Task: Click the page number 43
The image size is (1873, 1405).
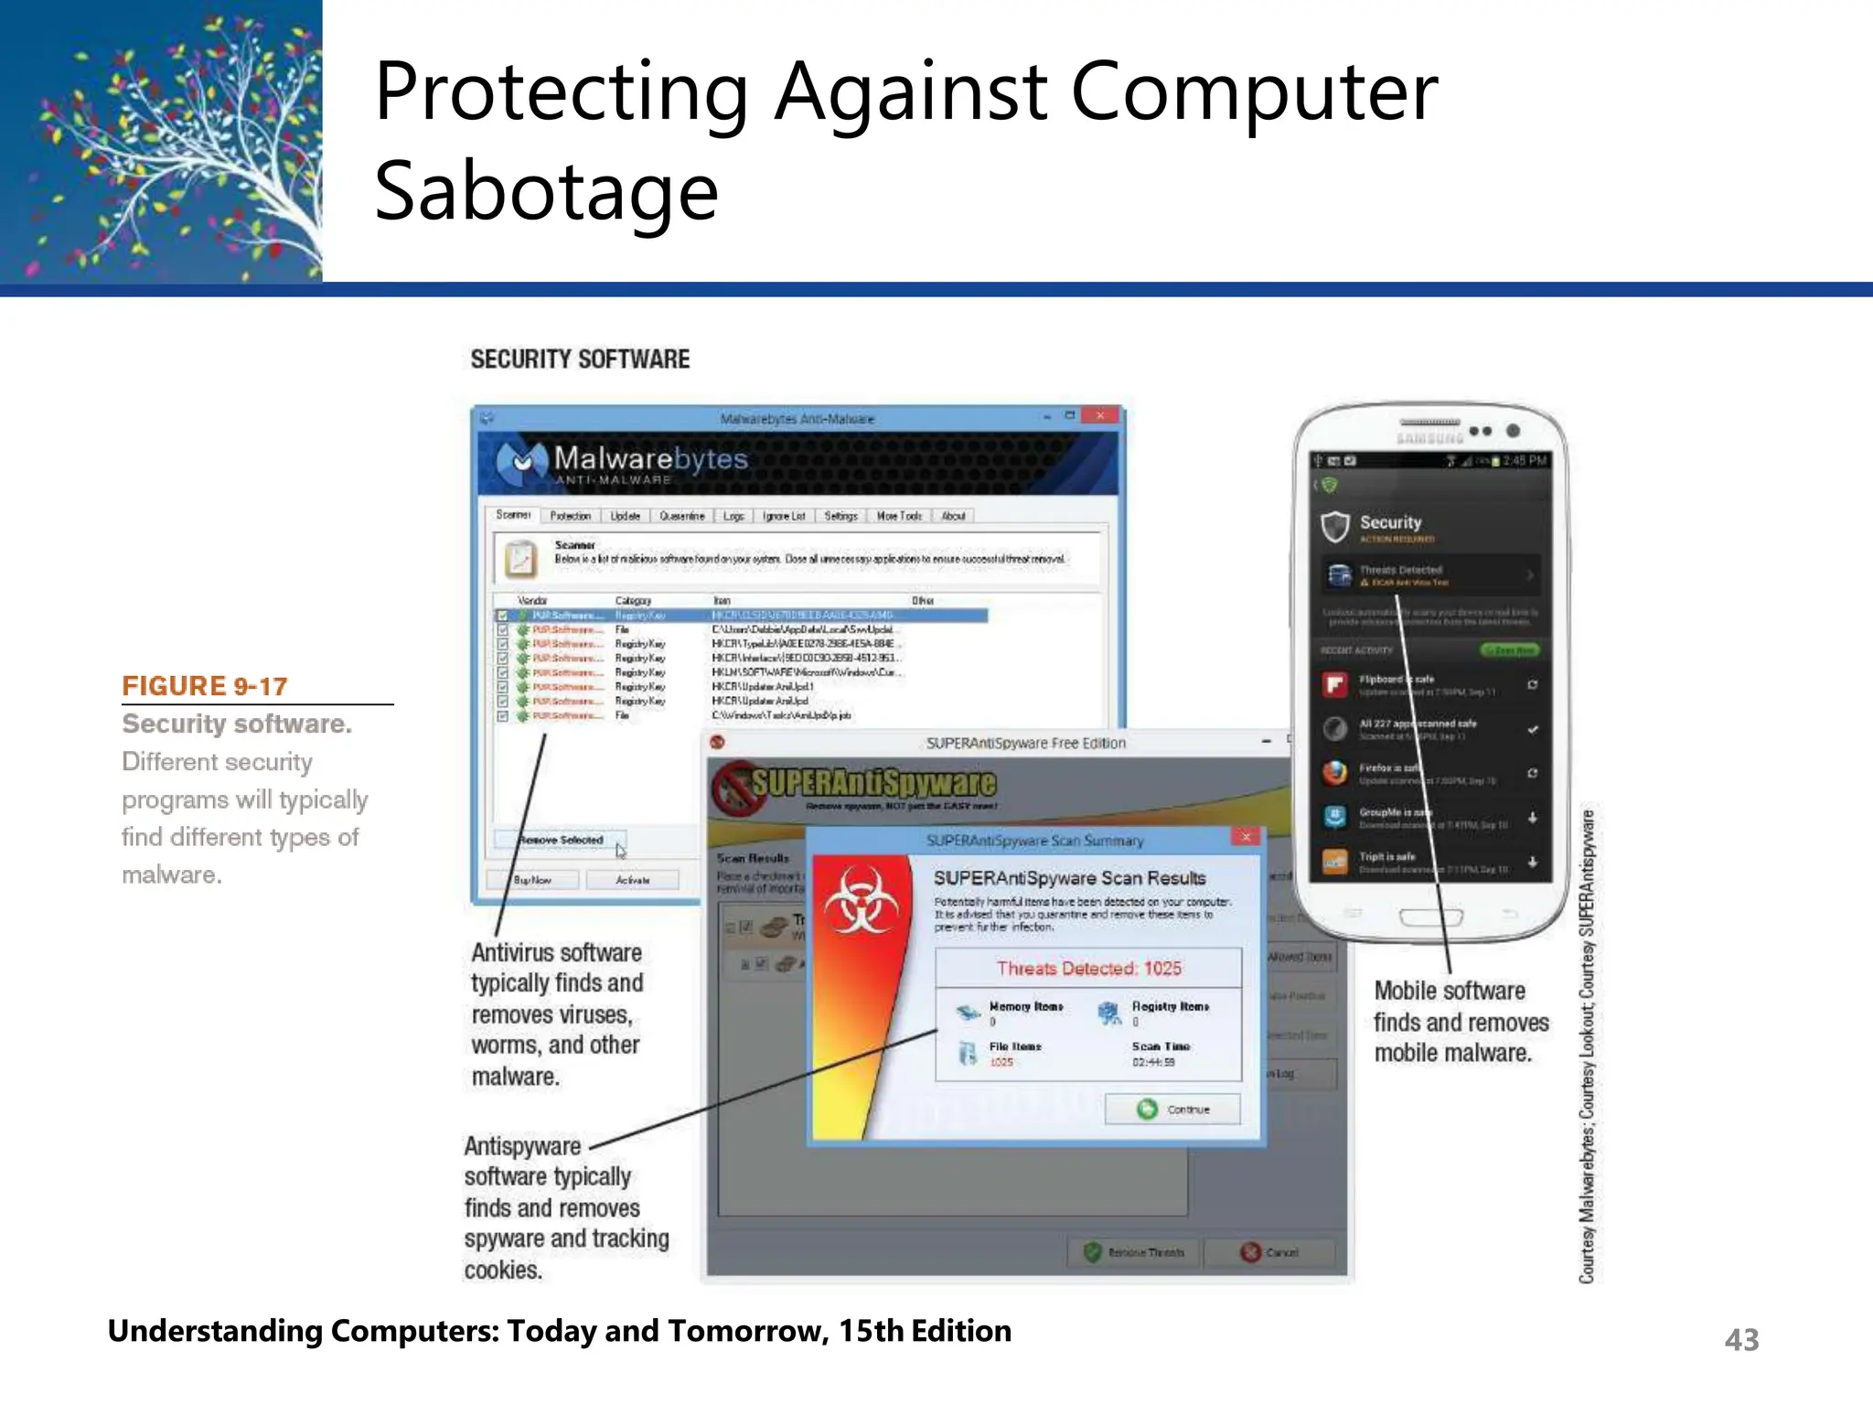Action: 1741,1340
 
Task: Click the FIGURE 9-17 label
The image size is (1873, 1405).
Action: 205,686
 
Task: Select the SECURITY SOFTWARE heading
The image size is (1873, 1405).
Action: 580,359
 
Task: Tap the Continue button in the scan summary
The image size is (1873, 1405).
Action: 1173,1110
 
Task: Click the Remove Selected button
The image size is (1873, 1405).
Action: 561,840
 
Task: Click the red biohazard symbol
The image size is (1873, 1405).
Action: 861,901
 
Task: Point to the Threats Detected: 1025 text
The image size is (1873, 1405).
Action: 1088,969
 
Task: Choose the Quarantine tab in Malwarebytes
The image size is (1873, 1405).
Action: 681,516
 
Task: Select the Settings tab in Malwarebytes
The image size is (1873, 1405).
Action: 840,516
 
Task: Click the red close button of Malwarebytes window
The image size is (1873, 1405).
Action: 1100,416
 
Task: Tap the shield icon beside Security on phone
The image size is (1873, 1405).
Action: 1335,526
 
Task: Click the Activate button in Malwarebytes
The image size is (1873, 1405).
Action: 633,880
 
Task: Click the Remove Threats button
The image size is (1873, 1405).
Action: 1134,1252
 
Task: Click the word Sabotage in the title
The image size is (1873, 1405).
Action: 546,192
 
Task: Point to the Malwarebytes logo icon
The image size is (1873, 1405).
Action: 521,462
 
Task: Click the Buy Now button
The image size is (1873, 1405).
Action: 532,880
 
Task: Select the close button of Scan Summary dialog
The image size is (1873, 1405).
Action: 1246,837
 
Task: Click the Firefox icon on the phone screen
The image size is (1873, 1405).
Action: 1335,773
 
